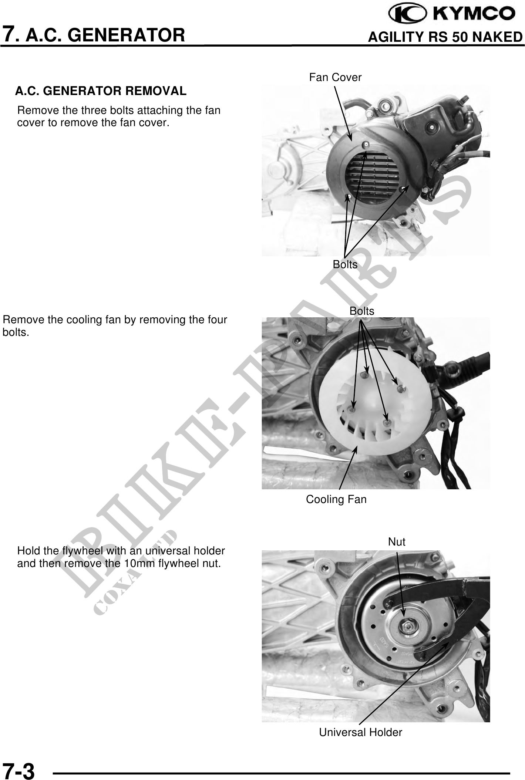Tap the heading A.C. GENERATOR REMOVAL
tap(101, 91)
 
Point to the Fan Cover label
tap(335, 77)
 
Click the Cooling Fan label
tap(336, 499)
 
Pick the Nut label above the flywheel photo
tap(397, 542)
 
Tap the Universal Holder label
tap(360, 732)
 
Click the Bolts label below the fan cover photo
tap(345, 264)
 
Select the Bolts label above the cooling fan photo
tap(362, 311)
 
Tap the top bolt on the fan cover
tap(365, 145)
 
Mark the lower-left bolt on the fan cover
tap(347, 196)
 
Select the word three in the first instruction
tap(92, 111)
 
